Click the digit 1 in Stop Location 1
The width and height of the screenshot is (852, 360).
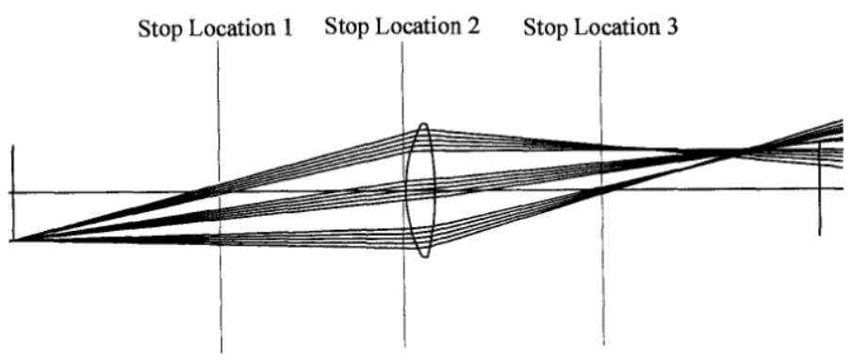click(287, 27)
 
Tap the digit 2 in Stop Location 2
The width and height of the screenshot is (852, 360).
click(473, 25)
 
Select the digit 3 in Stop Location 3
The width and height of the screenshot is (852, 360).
click(672, 26)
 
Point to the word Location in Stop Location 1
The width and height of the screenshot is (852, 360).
click(231, 28)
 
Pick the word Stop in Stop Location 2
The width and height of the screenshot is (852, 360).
click(347, 26)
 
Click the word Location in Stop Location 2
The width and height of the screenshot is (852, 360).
click(418, 25)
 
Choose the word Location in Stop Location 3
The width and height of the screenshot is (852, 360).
click(616, 26)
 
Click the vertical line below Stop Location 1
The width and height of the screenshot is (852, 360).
click(220, 197)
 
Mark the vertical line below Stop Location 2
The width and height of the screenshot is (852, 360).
click(403, 194)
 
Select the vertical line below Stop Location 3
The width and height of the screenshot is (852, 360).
click(601, 193)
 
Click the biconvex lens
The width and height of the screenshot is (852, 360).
click(420, 190)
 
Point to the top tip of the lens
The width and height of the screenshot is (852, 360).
click(423, 123)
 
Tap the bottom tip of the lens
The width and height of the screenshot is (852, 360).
click(424, 257)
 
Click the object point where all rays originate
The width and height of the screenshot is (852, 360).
click(14, 239)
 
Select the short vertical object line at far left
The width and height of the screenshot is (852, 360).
click(13, 193)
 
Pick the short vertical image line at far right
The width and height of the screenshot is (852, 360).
click(819, 188)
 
